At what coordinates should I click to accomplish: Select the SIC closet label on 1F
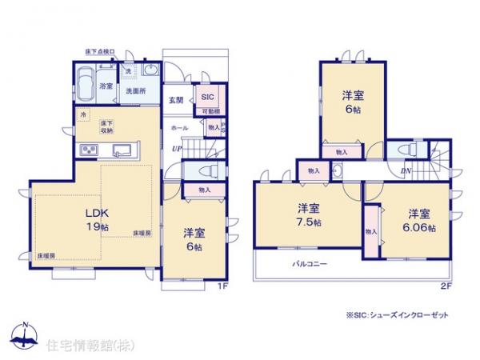click(x=206, y=97)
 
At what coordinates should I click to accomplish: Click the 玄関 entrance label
click(x=177, y=100)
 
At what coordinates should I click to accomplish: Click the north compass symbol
click(x=25, y=337)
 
